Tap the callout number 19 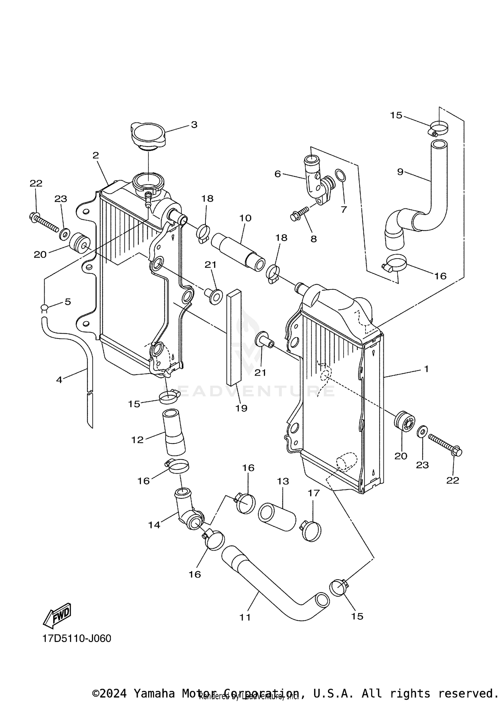tap(241, 408)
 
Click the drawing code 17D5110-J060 tap(77, 638)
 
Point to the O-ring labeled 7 tap(340, 176)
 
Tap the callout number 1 tap(426, 368)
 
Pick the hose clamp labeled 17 tap(311, 531)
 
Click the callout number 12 tap(137, 440)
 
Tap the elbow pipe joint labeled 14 tap(188, 512)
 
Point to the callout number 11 tap(245, 617)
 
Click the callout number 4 tap(59, 380)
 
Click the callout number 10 tap(245, 218)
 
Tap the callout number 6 tap(278, 174)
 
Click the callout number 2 tap(96, 155)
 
